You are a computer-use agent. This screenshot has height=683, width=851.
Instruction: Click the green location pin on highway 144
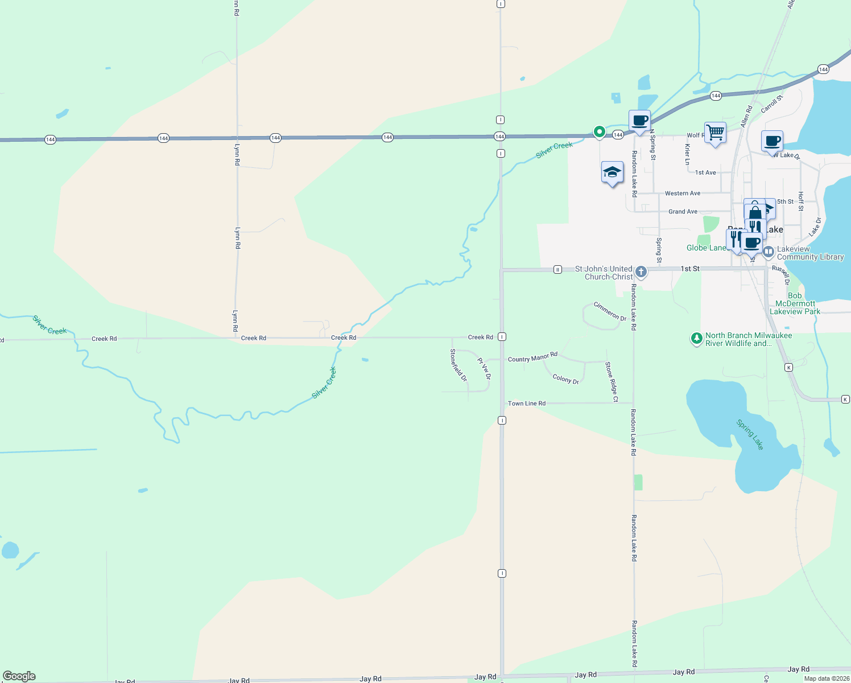pos(599,131)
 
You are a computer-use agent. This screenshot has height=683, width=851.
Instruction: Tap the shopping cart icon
pos(715,133)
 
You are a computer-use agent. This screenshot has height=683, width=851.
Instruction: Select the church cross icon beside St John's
pos(641,271)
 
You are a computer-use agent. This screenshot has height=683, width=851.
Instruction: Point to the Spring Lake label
pos(750,434)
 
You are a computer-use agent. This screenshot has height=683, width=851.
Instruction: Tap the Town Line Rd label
pos(526,404)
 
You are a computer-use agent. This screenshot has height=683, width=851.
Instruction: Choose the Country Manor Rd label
pos(532,358)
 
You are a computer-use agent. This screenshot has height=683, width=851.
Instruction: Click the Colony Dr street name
pos(565,379)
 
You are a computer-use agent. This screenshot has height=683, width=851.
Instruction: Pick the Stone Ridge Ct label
pos(612,382)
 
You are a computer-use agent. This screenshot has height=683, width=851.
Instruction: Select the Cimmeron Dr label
pos(610,311)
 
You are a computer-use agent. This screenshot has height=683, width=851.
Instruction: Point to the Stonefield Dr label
pos(458,365)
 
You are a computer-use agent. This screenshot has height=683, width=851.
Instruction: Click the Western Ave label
pos(683,194)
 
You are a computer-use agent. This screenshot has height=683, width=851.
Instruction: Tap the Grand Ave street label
pos(683,212)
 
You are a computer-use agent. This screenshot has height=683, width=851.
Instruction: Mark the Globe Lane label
pos(706,248)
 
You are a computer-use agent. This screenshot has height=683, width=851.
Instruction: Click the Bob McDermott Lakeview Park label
pos(795,303)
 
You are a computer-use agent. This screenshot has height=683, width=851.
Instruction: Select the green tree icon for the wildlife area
pos(696,339)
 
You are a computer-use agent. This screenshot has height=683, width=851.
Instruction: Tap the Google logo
pos(19,676)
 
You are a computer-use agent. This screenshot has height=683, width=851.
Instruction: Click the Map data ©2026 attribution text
pos(826,678)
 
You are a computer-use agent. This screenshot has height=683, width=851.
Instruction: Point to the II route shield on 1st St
pos(557,270)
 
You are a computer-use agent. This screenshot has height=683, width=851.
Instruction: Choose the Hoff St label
pos(801,201)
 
